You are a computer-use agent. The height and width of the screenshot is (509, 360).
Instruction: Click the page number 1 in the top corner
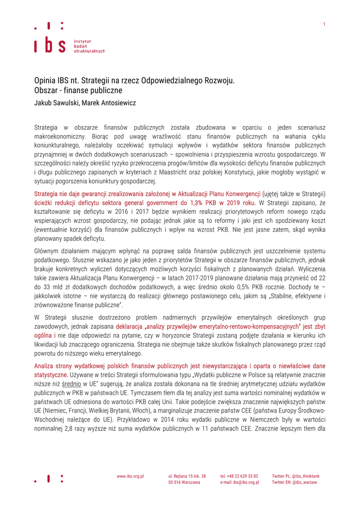pyautogui.click(x=324, y=24)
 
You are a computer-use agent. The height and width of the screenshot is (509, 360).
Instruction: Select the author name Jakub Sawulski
pyautogui.click(x=55, y=103)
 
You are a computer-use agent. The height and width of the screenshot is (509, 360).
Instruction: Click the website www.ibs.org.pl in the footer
pyautogui.click(x=130, y=476)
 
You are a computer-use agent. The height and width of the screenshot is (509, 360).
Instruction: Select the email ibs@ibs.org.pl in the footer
pyautogui.click(x=246, y=482)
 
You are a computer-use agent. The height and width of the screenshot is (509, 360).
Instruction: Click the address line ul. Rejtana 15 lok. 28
pyautogui.click(x=187, y=476)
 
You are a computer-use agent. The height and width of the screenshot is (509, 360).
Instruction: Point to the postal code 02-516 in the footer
pyautogui.click(x=175, y=482)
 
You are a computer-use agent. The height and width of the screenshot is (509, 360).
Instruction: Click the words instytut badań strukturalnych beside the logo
pyautogui.click(x=89, y=46)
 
